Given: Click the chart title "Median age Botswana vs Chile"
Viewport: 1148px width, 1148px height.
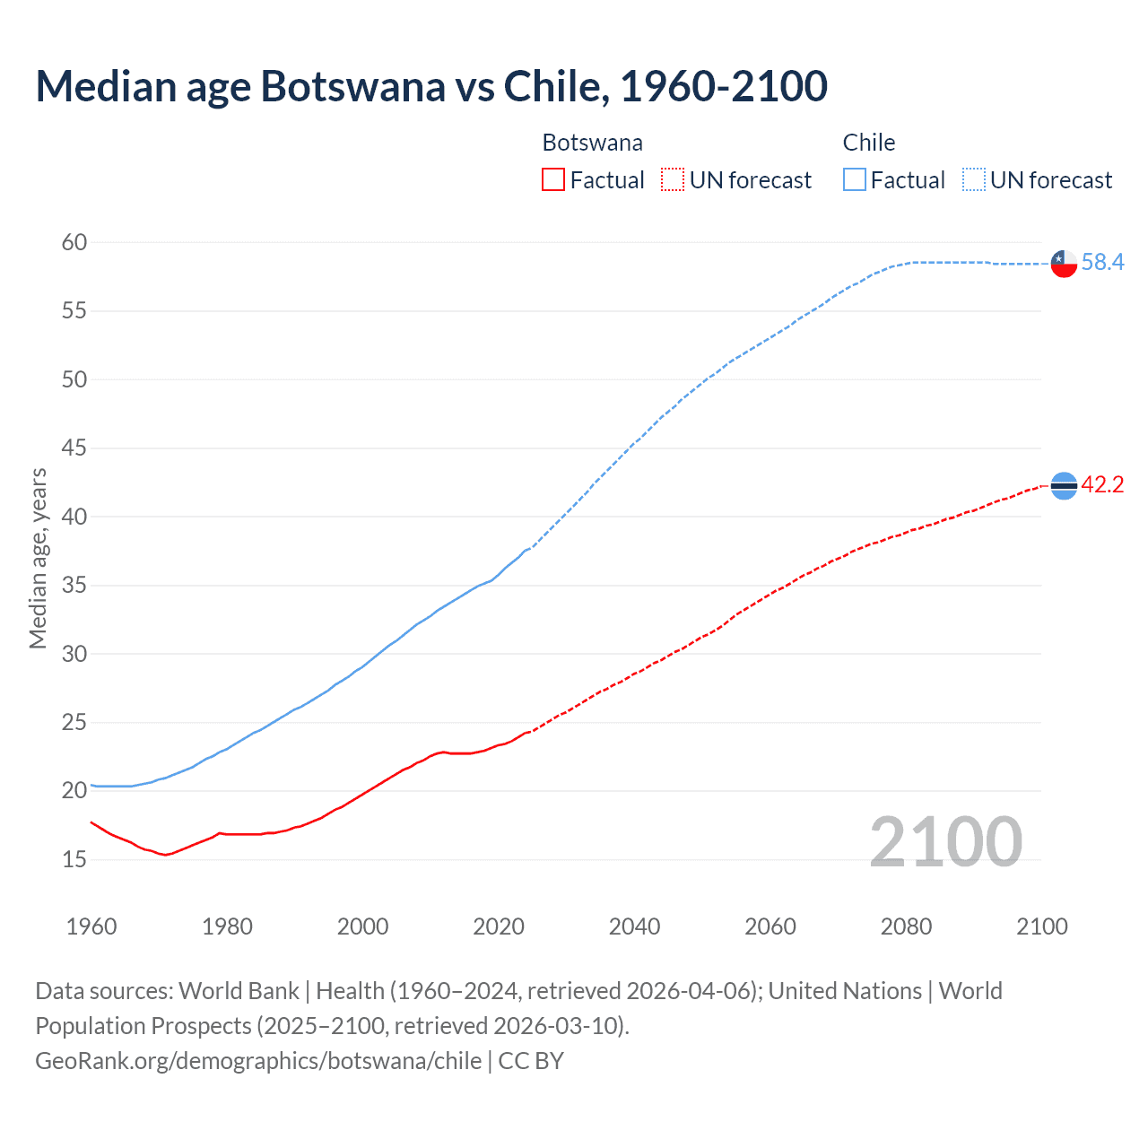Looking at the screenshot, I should tap(430, 87).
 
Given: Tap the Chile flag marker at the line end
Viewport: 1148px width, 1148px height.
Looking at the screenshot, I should tap(1064, 263).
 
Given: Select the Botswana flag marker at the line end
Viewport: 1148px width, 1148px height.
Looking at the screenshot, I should tap(1064, 485).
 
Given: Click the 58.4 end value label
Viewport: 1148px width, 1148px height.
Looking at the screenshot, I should tap(1102, 262).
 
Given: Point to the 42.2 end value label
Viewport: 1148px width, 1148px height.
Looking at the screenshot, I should tap(1102, 484).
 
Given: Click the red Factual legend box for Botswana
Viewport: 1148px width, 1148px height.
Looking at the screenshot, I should tap(553, 180).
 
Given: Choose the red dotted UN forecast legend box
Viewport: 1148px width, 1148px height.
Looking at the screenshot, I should tap(673, 180).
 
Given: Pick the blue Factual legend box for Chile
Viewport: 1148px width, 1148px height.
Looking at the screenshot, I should tap(854, 180).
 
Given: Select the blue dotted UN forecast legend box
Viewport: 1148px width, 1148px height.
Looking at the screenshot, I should tap(973, 180).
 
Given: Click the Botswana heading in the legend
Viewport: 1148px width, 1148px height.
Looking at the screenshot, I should tap(592, 143).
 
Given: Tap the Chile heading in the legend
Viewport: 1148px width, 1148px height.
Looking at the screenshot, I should tap(868, 143).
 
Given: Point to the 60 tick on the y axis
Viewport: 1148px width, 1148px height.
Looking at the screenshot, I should tap(74, 242).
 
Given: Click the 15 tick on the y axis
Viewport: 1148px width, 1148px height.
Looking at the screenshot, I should tap(74, 859).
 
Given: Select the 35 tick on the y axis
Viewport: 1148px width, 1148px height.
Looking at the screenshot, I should tap(74, 586).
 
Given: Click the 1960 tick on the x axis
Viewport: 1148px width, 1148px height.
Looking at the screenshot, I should tap(91, 926).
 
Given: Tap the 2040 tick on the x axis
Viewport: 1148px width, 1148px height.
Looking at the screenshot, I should tap(634, 926).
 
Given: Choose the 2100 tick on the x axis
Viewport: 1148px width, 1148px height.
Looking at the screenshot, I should tap(1041, 926).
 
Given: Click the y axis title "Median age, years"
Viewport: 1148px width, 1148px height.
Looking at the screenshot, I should tap(38, 558).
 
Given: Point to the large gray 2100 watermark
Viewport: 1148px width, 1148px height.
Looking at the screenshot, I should tap(945, 841).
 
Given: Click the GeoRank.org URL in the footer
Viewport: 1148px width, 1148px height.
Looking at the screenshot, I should tap(258, 1060).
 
